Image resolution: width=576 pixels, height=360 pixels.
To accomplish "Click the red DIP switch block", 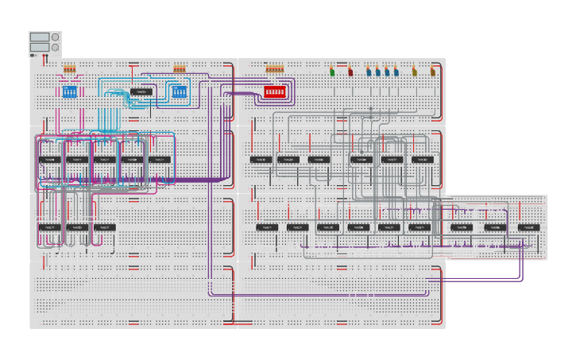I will tap(274, 91).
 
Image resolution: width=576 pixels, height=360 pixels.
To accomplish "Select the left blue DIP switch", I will tap(69, 91).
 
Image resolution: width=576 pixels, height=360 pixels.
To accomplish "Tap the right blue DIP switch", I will tap(179, 91).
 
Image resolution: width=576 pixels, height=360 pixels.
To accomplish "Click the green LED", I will tap(332, 72).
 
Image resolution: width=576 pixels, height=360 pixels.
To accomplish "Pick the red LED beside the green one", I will tap(350, 72).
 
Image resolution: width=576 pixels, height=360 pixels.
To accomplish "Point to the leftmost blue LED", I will tap(369, 72).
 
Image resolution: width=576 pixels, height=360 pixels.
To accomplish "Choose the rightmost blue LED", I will tap(396, 72).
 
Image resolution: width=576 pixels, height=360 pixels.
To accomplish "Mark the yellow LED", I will tap(414, 72).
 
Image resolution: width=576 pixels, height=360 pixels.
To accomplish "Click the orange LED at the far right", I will tap(433, 72).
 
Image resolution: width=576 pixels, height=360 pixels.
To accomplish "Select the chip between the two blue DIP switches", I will tap(141, 91).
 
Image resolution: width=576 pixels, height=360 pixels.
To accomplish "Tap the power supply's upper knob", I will tap(55, 37).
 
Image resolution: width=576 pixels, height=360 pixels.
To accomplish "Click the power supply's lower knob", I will tap(55, 48).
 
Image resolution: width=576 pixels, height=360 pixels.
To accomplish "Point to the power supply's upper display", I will tap(39, 37).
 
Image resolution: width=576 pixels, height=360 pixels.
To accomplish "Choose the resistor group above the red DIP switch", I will tap(274, 68).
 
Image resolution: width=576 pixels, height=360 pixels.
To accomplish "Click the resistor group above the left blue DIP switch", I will tap(69, 68).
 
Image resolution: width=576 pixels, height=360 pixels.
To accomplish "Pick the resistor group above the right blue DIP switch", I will tap(179, 68).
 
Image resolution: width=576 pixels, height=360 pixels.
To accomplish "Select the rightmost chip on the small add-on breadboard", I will tap(528, 227).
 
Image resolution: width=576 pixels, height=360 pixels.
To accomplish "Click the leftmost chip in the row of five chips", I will tap(49, 159).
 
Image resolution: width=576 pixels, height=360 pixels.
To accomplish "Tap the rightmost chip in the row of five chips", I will tap(160, 159).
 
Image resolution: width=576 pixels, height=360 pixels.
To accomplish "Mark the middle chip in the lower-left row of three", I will tap(76, 227).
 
